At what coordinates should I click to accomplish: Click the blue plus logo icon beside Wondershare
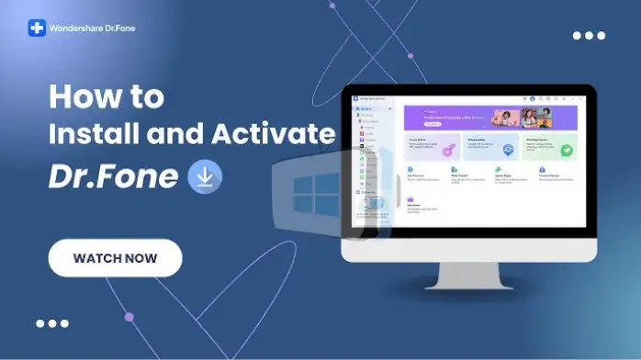37,28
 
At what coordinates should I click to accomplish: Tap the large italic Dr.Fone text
113,176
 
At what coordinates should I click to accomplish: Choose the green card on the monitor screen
550,147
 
